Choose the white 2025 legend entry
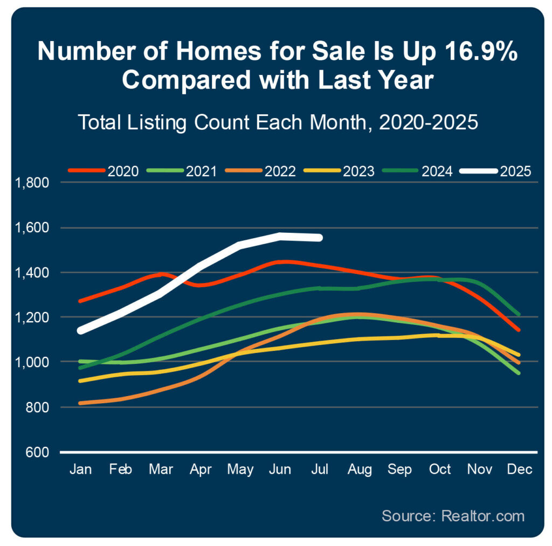point(496,171)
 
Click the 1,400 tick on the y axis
point(33,272)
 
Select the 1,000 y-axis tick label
point(33,362)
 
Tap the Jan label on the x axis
point(80,469)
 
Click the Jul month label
point(320,469)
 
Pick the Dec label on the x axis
point(520,469)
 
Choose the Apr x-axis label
point(200,469)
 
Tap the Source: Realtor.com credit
point(453,515)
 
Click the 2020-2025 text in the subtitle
point(429,122)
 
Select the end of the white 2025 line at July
point(320,237)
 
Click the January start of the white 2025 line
point(81,330)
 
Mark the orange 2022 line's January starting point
point(81,403)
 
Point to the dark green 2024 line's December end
point(518,314)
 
